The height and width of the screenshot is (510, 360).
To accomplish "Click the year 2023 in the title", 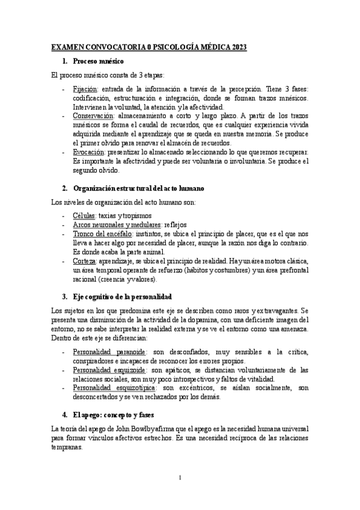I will click(x=236, y=47).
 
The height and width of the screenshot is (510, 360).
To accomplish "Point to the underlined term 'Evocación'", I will click(x=89, y=152).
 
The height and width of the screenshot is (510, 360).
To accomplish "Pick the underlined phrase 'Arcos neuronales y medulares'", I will click(x=112, y=224).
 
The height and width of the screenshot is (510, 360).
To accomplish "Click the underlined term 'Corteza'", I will click(x=85, y=260).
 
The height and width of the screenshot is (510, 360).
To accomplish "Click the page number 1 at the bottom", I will click(x=180, y=478).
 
